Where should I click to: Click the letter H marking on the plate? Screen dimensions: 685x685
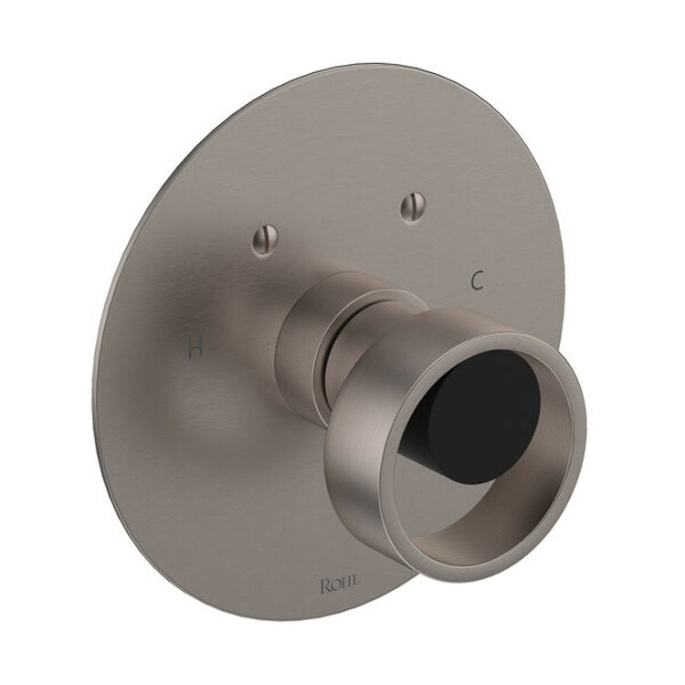(193, 347)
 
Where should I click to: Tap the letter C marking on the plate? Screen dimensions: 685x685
(476, 280)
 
